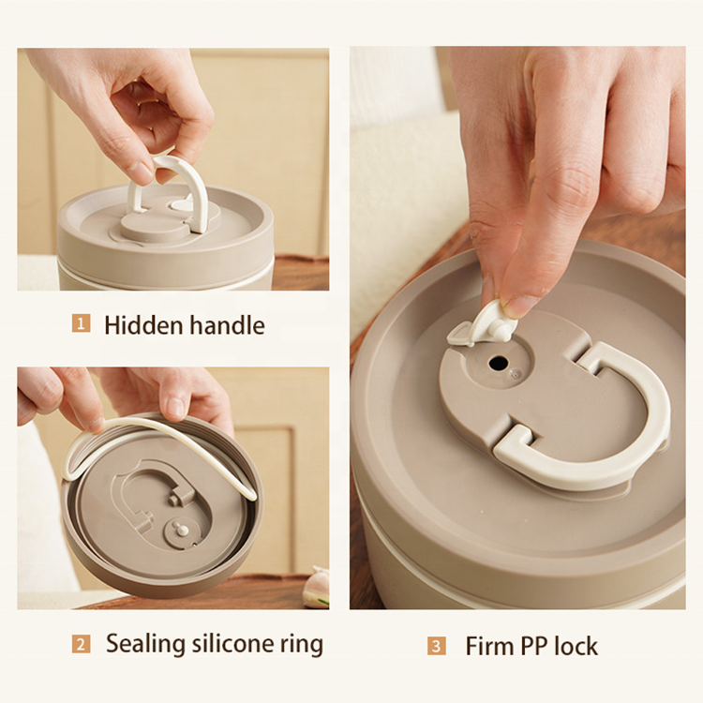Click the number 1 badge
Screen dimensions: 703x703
tap(82, 323)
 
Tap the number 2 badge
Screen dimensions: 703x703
tap(82, 644)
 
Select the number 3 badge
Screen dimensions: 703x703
tap(436, 646)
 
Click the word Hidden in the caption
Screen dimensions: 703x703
tap(142, 325)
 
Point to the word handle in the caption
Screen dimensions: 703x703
tap(227, 325)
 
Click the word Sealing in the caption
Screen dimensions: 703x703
tap(145, 645)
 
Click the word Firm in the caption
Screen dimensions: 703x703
tap(489, 646)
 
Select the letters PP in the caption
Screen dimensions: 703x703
tap(533, 646)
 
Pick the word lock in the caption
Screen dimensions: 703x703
tap(576, 646)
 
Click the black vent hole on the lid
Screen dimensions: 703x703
tap(498, 363)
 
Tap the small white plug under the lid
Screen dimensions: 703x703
tap(183, 531)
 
